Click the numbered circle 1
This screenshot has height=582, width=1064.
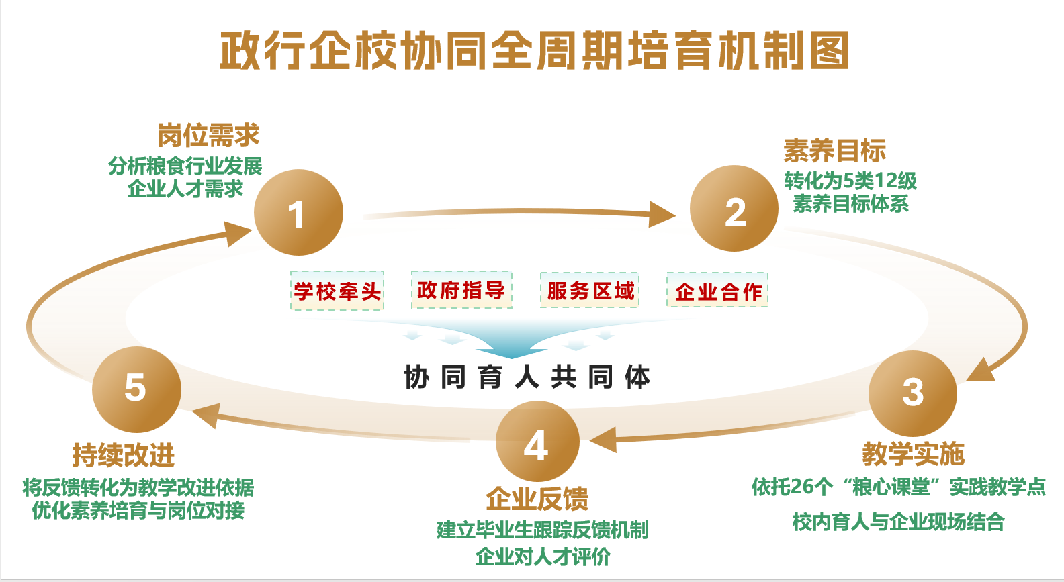click(298, 213)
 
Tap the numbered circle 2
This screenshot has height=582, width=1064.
click(734, 209)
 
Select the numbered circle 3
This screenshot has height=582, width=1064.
click(912, 393)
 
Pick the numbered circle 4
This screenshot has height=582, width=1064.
click(537, 442)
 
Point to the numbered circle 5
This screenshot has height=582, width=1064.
click(136, 389)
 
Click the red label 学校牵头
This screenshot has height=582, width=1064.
click(337, 291)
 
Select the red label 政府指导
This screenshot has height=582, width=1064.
click(461, 290)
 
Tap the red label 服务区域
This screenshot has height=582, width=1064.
click(590, 290)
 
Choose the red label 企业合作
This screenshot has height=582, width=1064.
click(717, 291)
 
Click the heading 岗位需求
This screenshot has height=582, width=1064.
click(208, 136)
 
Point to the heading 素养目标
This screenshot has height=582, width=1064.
click(834, 151)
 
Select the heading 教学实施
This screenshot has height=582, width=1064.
click(913, 454)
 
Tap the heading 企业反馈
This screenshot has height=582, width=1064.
click(537, 499)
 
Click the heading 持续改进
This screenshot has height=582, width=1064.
click(124, 456)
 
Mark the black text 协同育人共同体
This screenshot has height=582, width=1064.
click(527, 377)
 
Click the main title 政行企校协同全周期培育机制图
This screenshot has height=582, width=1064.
click(534, 51)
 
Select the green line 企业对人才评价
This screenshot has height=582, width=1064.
click(543, 556)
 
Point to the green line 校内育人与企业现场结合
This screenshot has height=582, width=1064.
click(898, 522)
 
